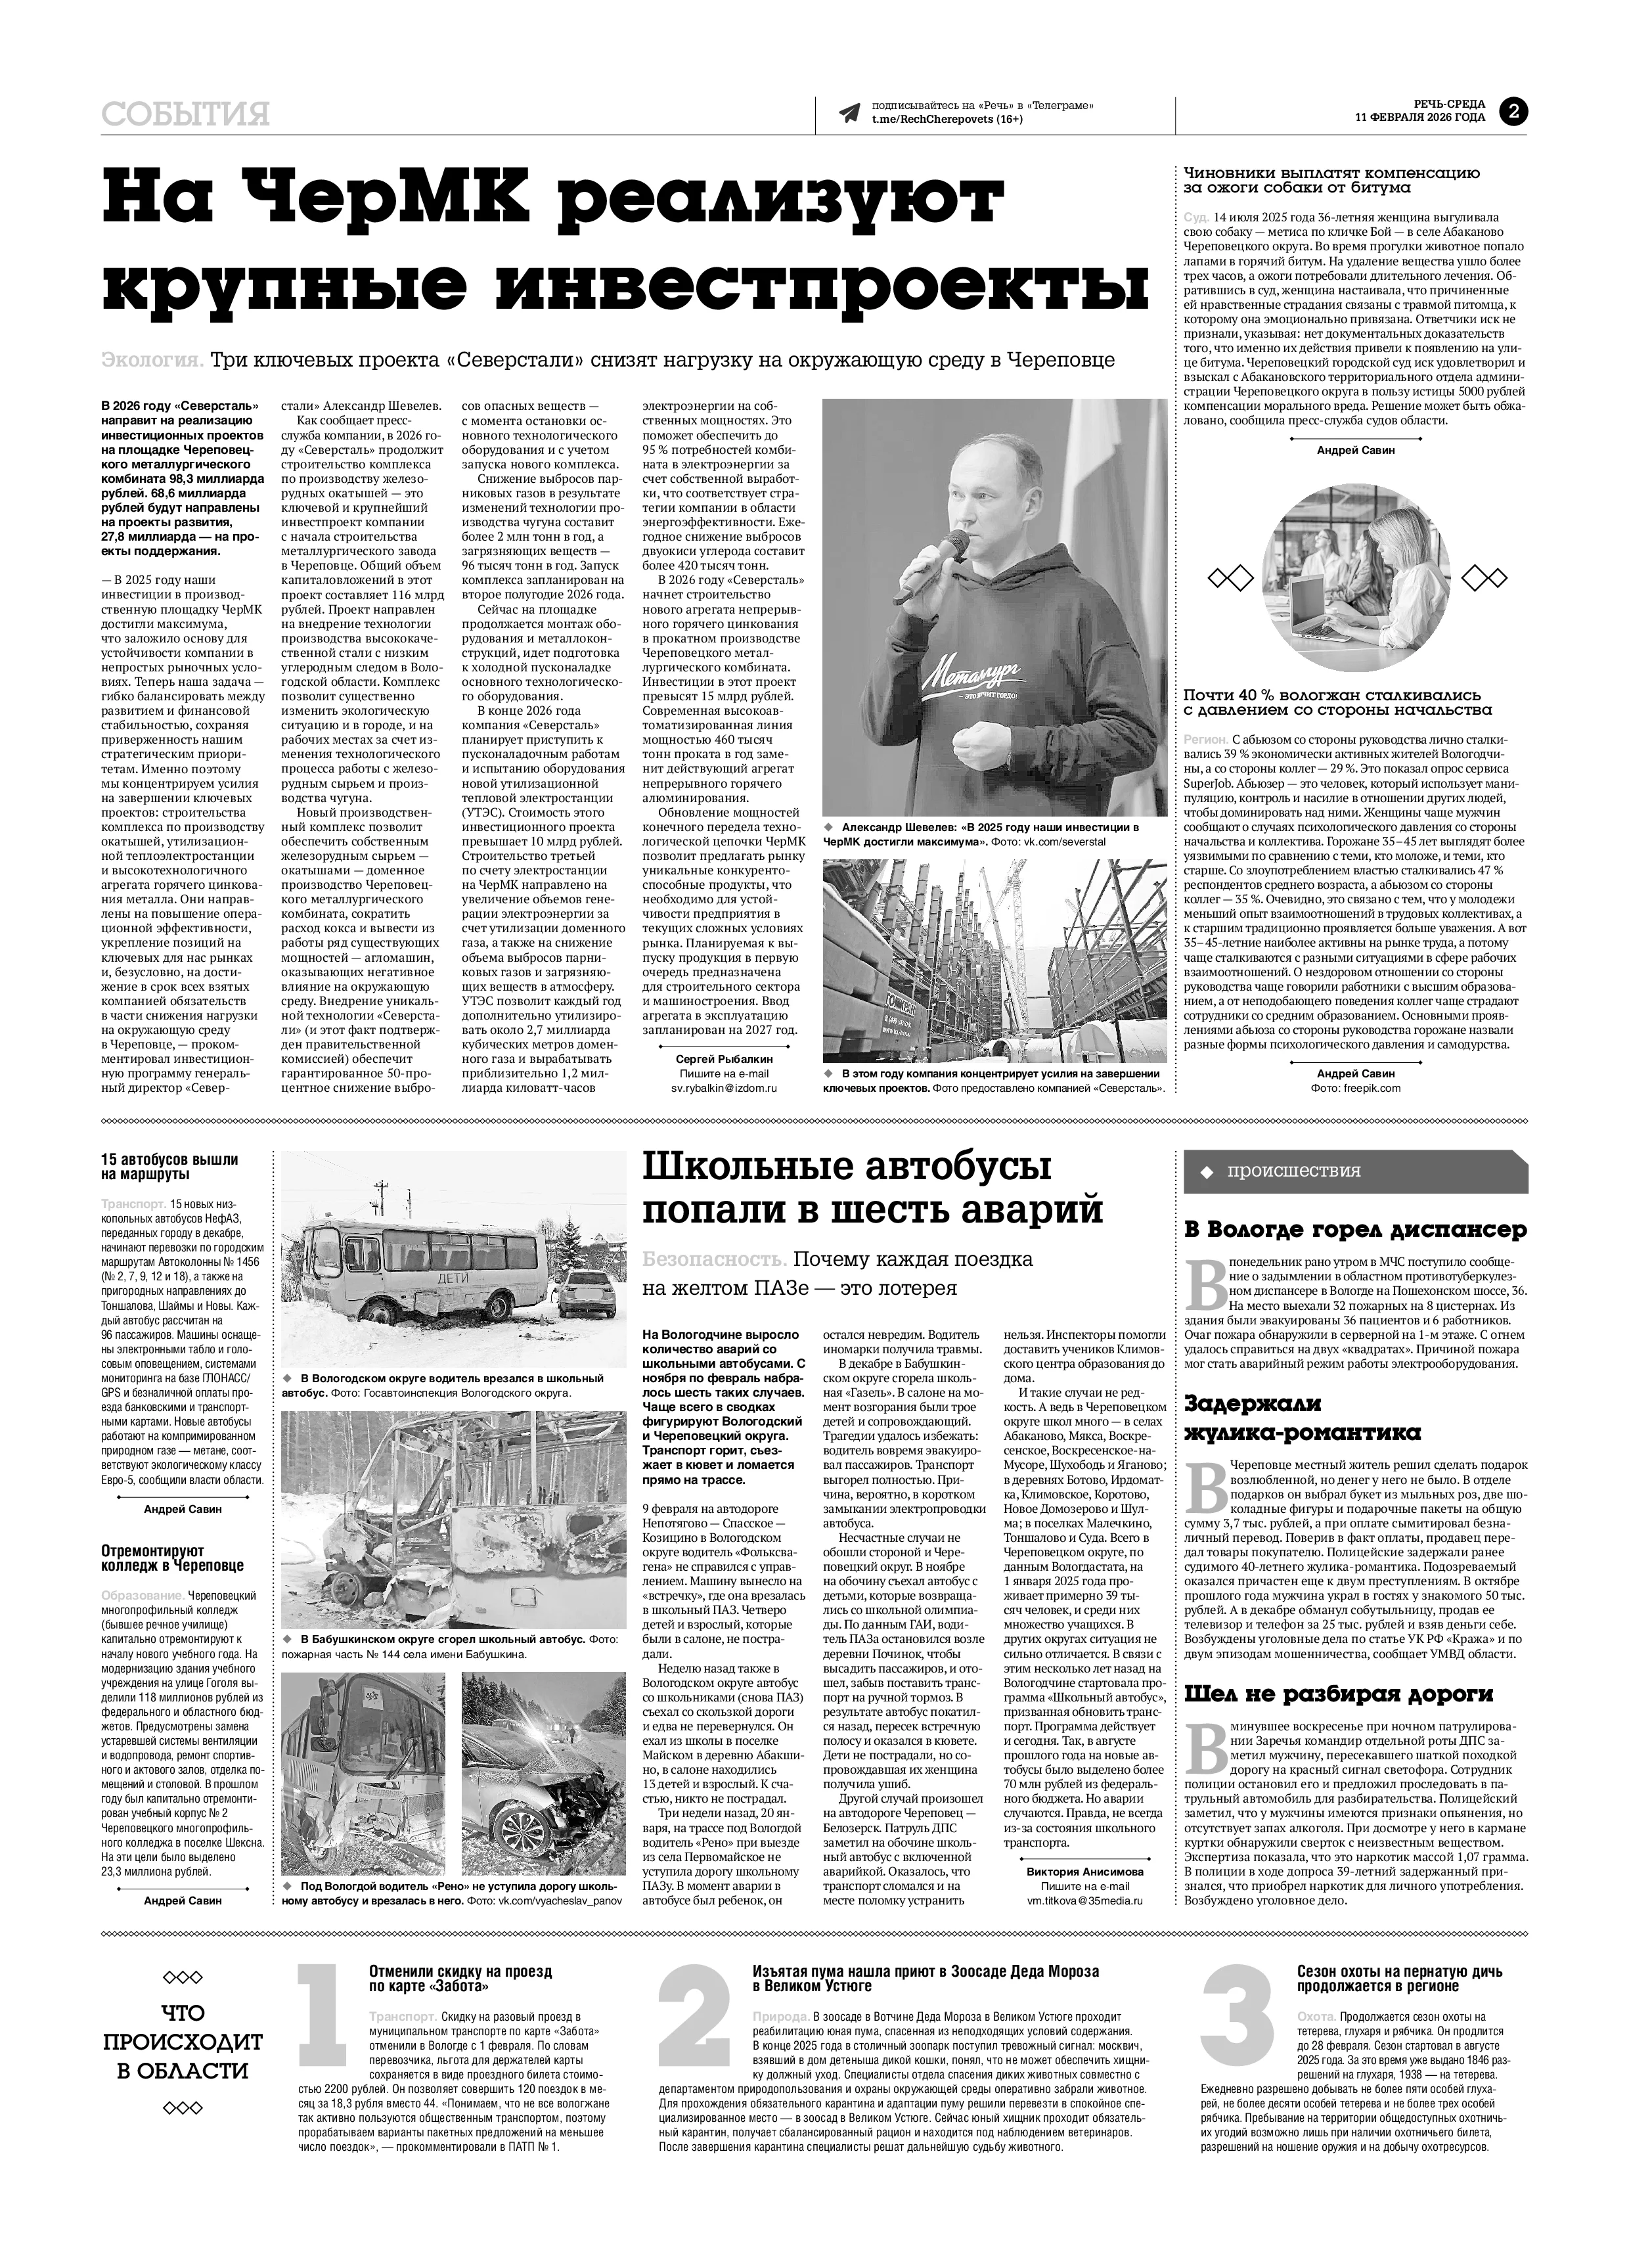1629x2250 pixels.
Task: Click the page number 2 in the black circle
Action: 1514,112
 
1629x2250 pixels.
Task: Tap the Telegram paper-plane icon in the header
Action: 849,113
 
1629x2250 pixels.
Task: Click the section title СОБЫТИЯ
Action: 185,115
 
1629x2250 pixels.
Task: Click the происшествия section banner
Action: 1354,1171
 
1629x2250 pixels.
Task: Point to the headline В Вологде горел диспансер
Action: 1355,1230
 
